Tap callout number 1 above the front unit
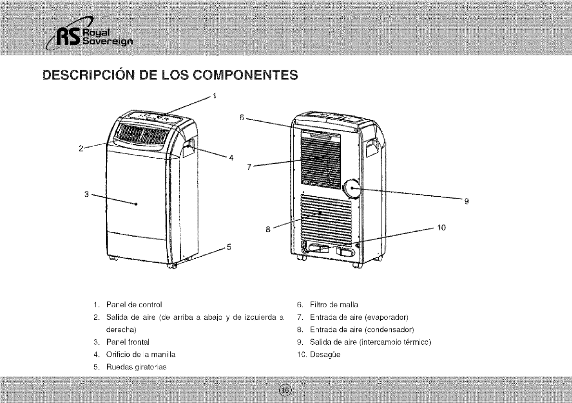point(215,94)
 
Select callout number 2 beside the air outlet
point(81,148)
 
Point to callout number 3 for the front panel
point(87,194)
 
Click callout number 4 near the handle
point(231,159)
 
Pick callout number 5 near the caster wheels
point(229,248)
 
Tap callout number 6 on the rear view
point(242,117)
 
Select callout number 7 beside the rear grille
point(249,167)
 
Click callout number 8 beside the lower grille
point(268,229)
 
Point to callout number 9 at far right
point(466,201)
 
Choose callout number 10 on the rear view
point(443,227)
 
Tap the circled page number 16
point(286,390)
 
